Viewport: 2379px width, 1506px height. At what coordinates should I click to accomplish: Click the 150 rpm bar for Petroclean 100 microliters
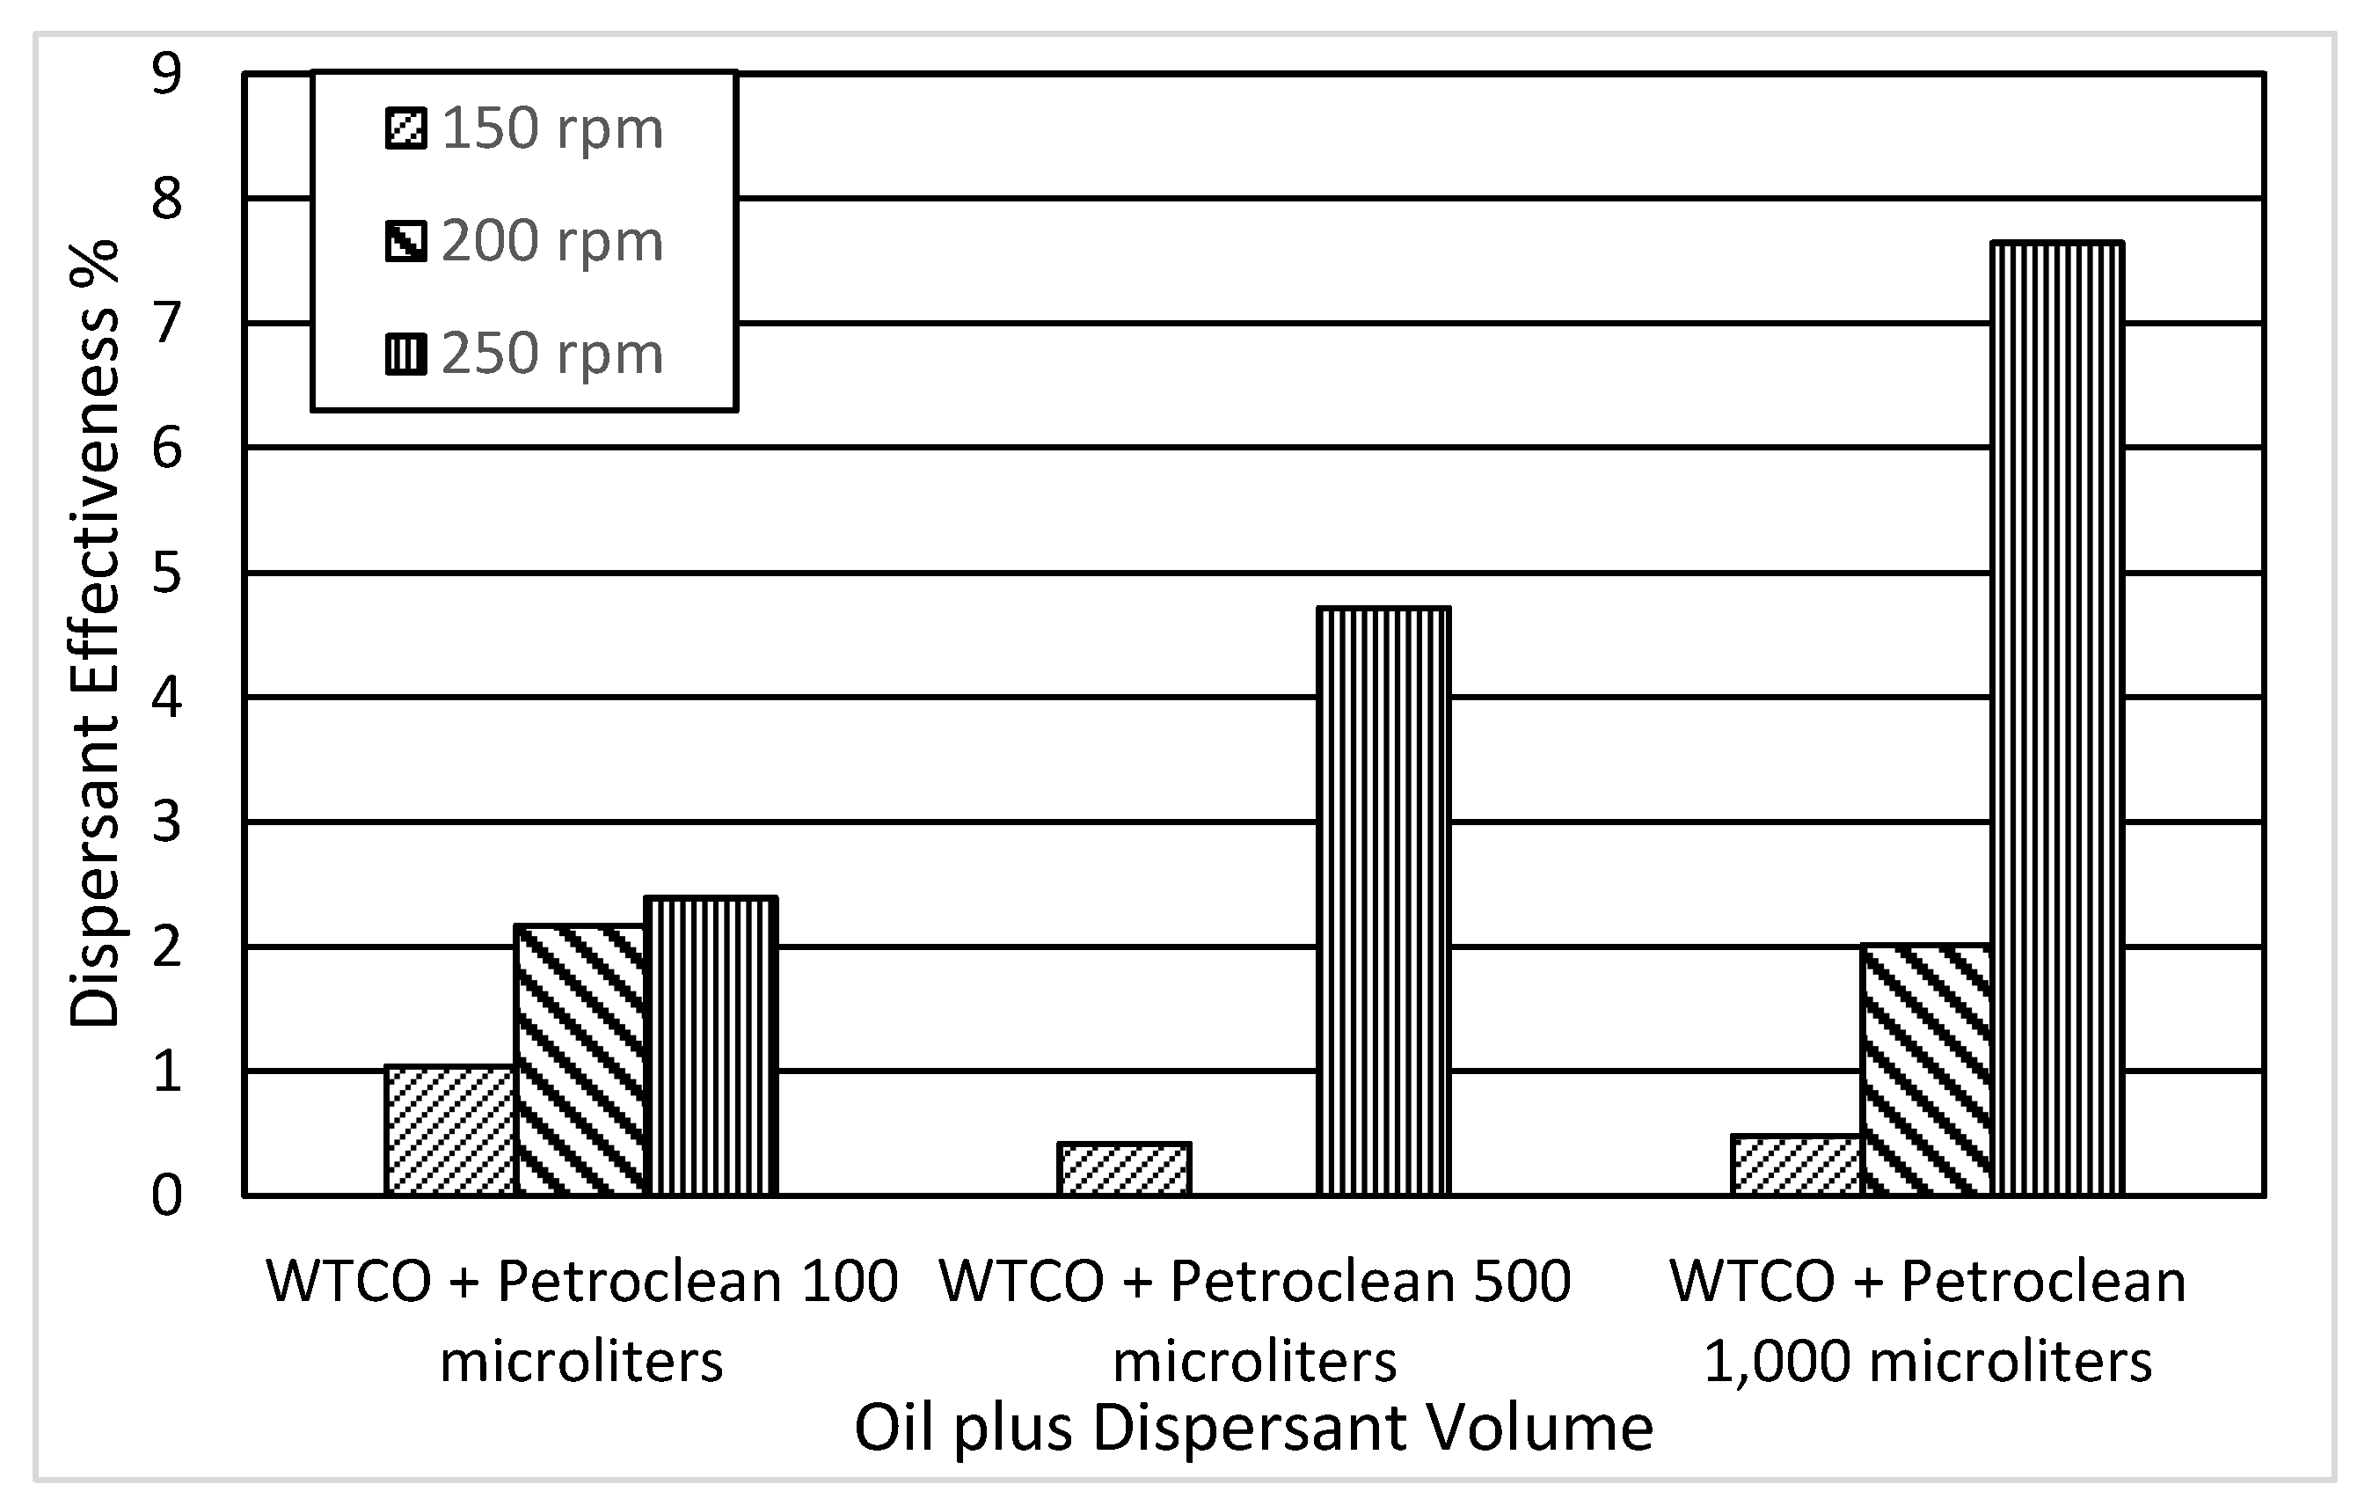pos(450,1130)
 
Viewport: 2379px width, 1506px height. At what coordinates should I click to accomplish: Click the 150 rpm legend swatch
pos(406,128)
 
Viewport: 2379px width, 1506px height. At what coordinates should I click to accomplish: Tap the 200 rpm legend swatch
pos(406,241)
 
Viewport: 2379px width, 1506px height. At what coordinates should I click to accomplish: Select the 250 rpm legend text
pos(551,354)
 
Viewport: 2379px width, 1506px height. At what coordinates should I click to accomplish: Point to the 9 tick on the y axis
pos(167,74)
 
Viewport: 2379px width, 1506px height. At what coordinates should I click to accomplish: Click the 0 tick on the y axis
pos(167,1195)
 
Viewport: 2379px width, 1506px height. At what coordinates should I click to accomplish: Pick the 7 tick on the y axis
pos(167,323)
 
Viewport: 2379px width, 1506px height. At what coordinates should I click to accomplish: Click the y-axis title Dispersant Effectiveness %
pos(95,632)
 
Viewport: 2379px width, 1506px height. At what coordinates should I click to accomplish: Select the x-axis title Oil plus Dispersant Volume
pos(1252,1428)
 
